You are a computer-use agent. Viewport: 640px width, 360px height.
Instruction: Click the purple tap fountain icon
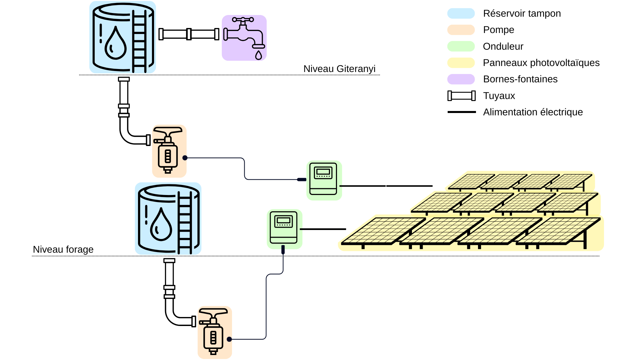[x=244, y=38]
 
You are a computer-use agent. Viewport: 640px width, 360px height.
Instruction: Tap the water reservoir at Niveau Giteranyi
[x=123, y=37]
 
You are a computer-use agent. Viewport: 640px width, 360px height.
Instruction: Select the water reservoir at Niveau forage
[x=168, y=219]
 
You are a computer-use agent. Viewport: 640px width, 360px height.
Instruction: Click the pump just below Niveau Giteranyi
[x=169, y=151]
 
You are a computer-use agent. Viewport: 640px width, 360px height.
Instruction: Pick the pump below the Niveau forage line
[x=215, y=332]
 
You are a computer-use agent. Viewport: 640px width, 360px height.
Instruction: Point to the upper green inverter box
[x=324, y=180]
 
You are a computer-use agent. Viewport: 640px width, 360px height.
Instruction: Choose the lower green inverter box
[x=284, y=229]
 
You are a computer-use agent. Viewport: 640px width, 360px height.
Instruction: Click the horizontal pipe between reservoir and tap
[x=189, y=34]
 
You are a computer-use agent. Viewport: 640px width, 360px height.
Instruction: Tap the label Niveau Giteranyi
[x=339, y=69]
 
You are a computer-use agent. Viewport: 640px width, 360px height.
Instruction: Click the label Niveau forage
[x=63, y=249]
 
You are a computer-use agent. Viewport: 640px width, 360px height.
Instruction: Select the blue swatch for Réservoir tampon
[x=461, y=13]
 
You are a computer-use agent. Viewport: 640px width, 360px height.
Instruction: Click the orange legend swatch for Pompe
[x=461, y=30]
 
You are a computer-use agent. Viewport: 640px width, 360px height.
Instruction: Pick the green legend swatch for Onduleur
[x=461, y=46]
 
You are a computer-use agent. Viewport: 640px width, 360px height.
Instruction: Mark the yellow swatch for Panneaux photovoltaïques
[x=461, y=63]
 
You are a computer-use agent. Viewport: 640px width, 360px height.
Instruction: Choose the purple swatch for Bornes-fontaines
[x=461, y=79]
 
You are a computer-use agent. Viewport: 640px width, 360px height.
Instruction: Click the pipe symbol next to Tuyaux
[x=461, y=96]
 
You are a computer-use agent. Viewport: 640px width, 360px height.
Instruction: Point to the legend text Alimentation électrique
[x=533, y=112]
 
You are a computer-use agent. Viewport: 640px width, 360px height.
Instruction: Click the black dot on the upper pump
[x=185, y=158]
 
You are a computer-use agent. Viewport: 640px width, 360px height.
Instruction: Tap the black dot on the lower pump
[x=229, y=339]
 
